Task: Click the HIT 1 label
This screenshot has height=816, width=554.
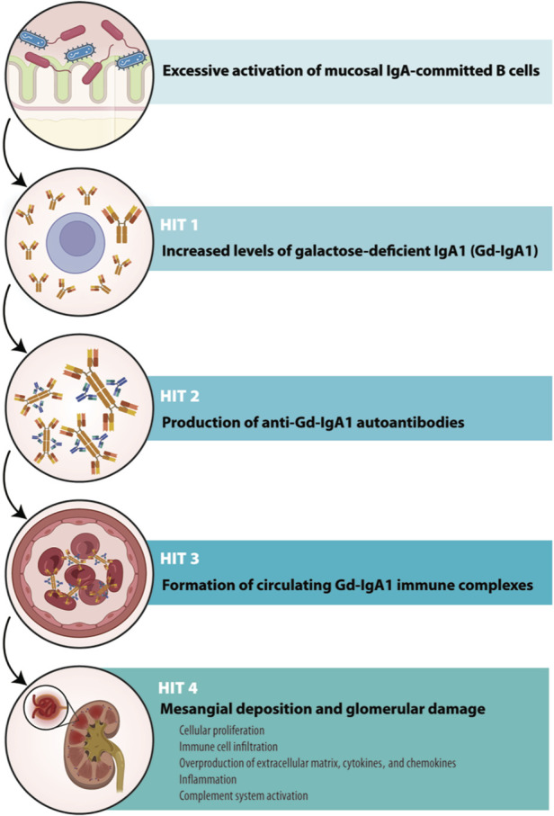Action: pyautogui.click(x=181, y=221)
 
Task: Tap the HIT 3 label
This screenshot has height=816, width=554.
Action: pyautogui.click(x=181, y=537)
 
